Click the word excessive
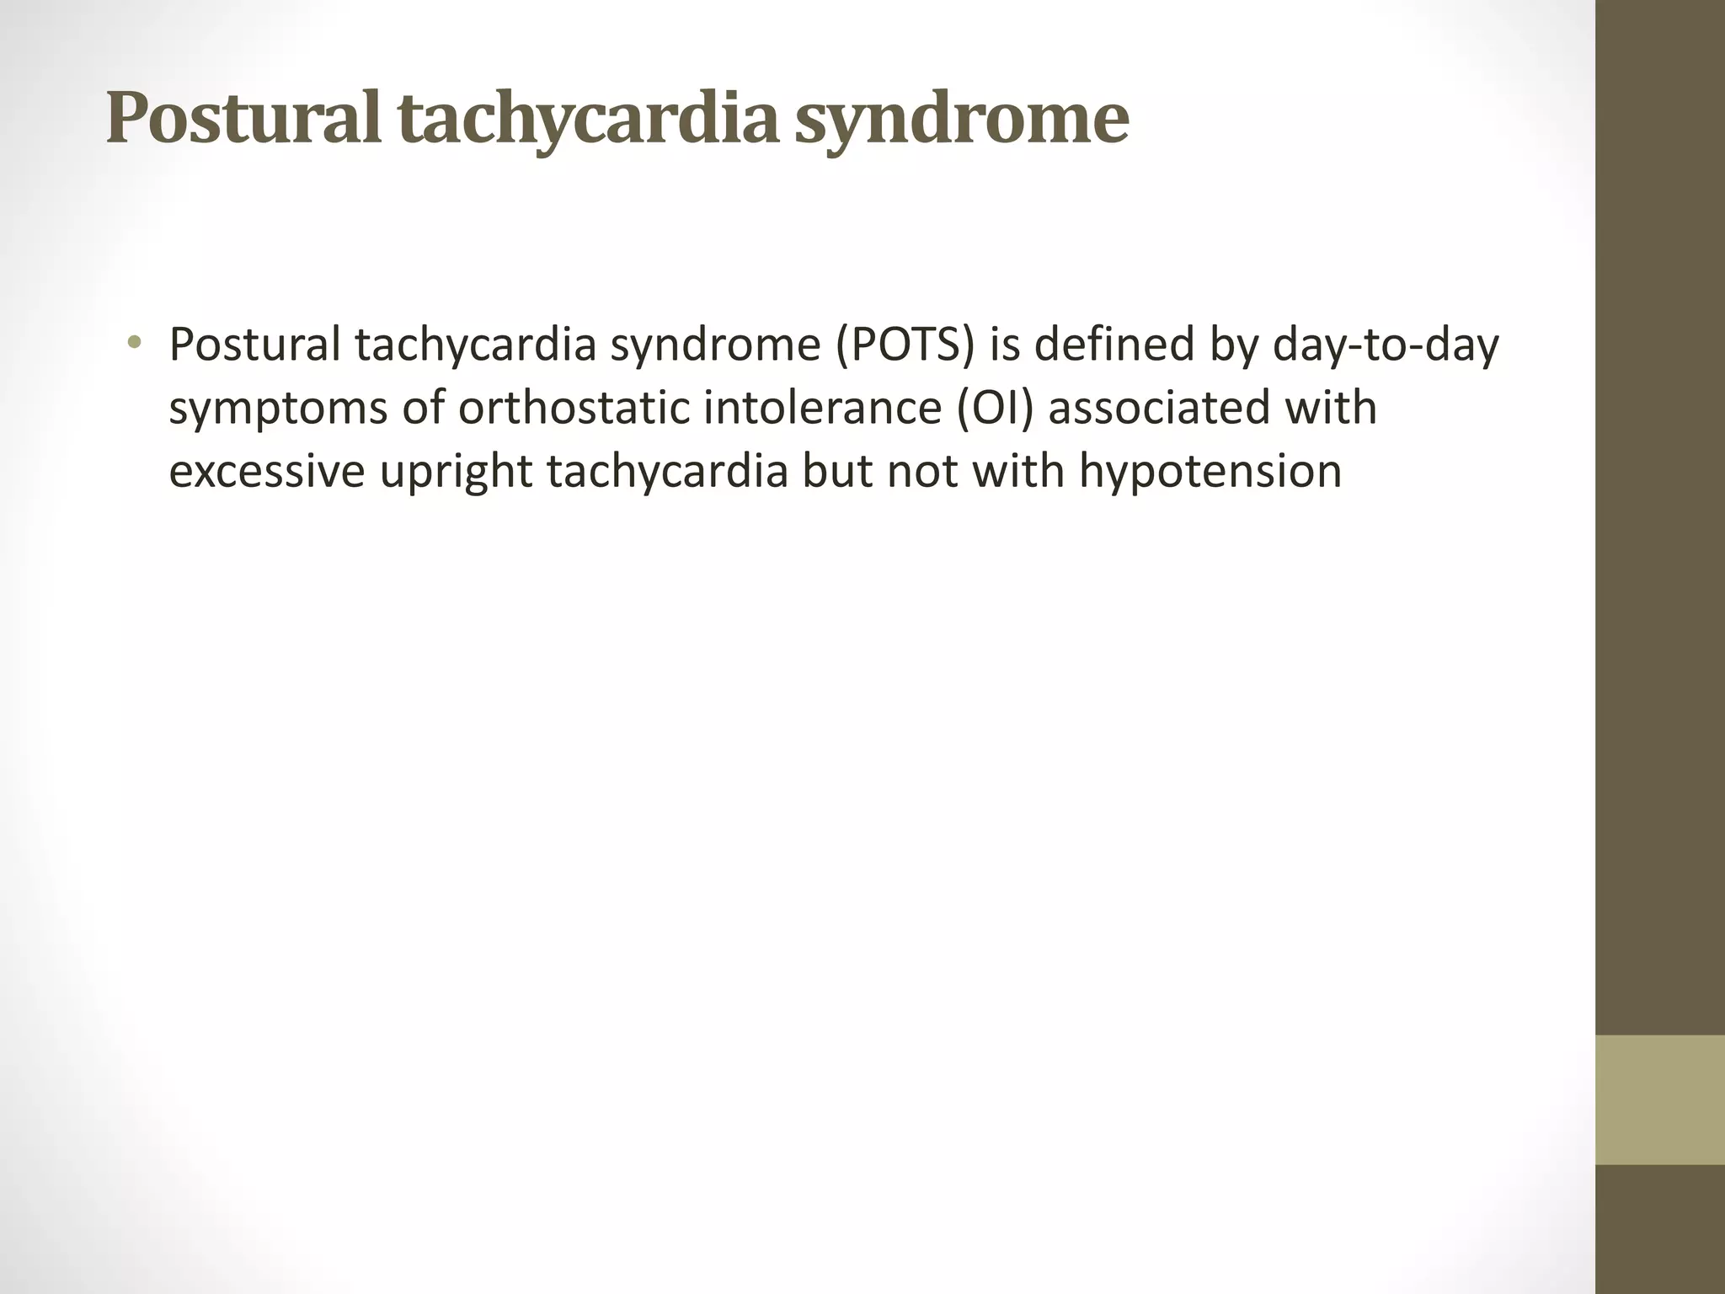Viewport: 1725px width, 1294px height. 267,472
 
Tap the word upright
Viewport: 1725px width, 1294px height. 456,472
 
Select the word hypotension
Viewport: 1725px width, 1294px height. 1210,472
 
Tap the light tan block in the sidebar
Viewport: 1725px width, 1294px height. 1660,1099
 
